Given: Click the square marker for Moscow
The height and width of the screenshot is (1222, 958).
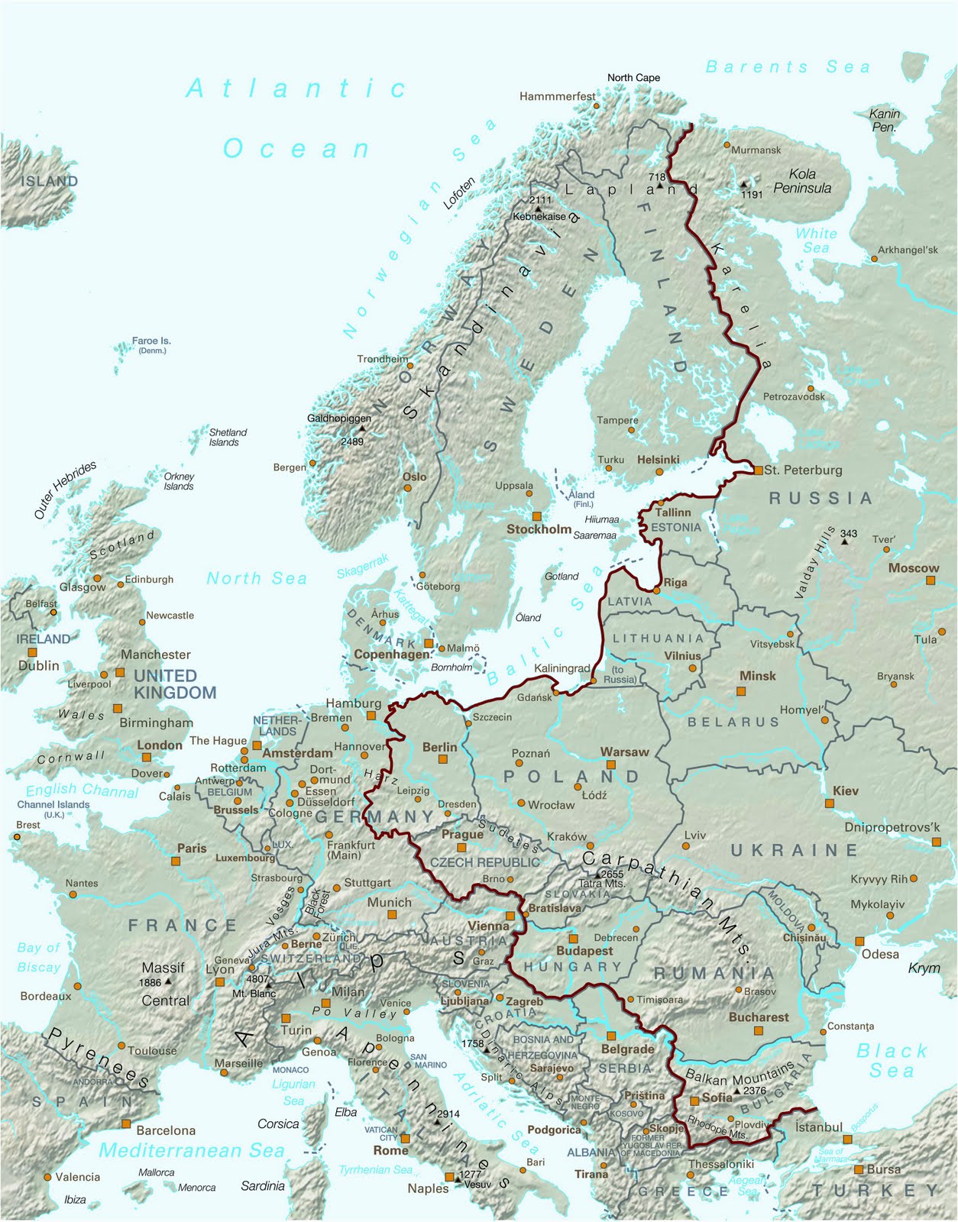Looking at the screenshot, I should (930, 581).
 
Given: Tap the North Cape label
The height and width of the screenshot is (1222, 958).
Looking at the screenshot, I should (633, 78).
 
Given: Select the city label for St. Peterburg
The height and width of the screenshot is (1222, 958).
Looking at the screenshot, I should (803, 470).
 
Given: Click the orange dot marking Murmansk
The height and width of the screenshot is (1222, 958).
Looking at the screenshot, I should (727, 144).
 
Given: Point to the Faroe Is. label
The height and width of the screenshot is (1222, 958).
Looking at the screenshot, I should (151, 341).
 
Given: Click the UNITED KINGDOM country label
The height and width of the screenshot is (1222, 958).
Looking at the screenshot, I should (175, 684).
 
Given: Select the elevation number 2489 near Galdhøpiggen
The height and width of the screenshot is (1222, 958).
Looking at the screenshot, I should (352, 441).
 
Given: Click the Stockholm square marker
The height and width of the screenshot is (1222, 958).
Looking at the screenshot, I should (536, 516).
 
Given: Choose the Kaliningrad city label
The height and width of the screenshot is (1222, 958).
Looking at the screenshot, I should (562, 668).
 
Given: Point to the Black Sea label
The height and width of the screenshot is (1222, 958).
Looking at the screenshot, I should (891, 1061).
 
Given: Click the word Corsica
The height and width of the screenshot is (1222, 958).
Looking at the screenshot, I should (278, 1124).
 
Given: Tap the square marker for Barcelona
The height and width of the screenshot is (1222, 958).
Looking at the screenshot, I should (126, 1123).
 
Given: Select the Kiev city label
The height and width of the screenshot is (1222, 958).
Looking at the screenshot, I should (846, 791).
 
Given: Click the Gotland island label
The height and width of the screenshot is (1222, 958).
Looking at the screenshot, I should (562, 577).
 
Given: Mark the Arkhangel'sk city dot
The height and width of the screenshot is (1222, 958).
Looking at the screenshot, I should (875, 259).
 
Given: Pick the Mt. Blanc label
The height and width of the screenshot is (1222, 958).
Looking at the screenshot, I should (254, 994).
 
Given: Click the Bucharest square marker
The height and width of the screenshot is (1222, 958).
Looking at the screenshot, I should (759, 1031).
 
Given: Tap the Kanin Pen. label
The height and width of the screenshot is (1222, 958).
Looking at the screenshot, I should (885, 121).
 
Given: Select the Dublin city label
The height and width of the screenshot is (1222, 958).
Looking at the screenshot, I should (39, 666).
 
